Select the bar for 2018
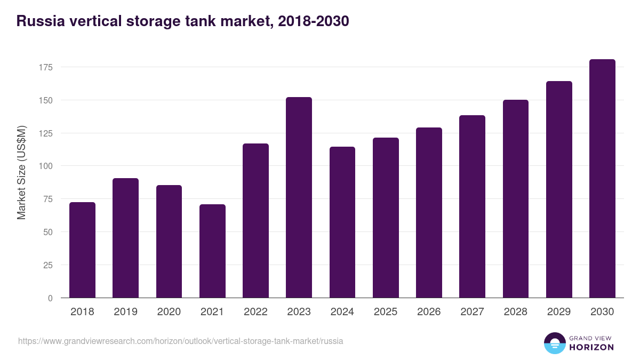[x=82, y=250]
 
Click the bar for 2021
[x=212, y=251]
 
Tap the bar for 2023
[x=299, y=197]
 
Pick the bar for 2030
[x=602, y=179]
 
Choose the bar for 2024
[x=342, y=222]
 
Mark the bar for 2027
[x=472, y=206]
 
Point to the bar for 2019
[x=125, y=238]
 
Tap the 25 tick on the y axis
[x=47, y=265]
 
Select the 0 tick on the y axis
[x=50, y=298]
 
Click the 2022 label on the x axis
[x=255, y=312]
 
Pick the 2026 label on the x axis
[x=429, y=312]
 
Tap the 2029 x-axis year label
[x=559, y=312]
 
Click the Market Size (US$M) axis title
[x=21, y=172]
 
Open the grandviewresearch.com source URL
[x=180, y=341]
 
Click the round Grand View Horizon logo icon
[x=554, y=343]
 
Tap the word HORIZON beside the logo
[x=591, y=347]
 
